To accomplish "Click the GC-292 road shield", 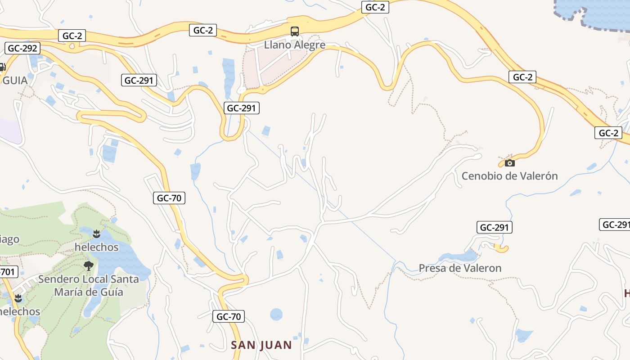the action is click(22, 48).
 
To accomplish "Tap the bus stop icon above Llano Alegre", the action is click(294, 31).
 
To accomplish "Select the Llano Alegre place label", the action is click(294, 45).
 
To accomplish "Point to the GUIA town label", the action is click(15, 81).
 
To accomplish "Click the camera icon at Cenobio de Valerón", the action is click(509, 163).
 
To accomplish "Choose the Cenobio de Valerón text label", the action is click(509, 176).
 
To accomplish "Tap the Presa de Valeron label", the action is click(460, 268).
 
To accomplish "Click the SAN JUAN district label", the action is click(261, 345).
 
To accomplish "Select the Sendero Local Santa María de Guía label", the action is click(88, 285).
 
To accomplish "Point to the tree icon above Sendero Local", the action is click(88, 265).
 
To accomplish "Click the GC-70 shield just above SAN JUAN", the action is click(229, 316).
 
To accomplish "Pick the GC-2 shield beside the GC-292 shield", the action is click(72, 36).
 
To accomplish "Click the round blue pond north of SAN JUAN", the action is click(276, 315).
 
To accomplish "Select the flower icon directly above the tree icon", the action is click(96, 234).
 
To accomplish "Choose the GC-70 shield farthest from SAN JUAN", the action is click(169, 198).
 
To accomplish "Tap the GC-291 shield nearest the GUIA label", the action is click(139, 81).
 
